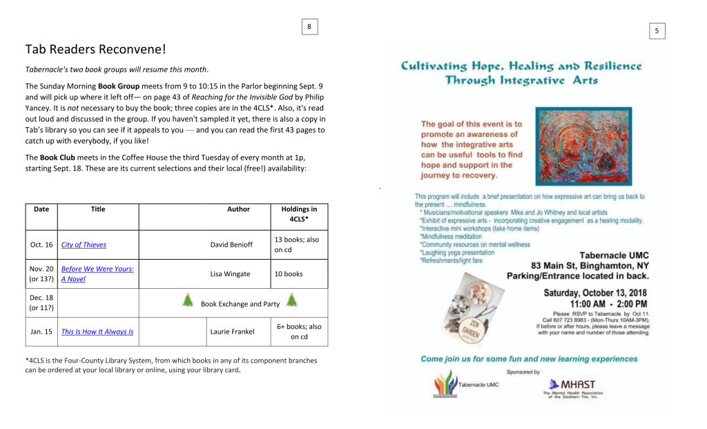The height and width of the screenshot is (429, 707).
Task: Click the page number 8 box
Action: point(309,27)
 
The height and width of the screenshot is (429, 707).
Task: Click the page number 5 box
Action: point(657,30)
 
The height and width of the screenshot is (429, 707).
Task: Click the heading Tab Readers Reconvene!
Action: point(95,49)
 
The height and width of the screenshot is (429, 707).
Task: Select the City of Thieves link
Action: point(84,245)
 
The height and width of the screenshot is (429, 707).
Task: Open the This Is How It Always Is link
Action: point(97,332)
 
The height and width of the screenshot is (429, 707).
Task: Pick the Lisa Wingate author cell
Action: point(231,274)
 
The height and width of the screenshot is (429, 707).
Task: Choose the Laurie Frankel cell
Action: point(232,332)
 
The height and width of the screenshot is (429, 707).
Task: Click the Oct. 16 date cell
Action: point(41,245)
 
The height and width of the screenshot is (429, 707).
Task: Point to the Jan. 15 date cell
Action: point(41,332)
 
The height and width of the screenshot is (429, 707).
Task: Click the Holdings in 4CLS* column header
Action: point(299,214)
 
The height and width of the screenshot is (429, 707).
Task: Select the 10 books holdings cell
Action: point(289,274)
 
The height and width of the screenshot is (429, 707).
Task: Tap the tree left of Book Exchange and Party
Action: point(187,300)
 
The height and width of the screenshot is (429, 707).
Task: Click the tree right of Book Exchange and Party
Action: point(291,300)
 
